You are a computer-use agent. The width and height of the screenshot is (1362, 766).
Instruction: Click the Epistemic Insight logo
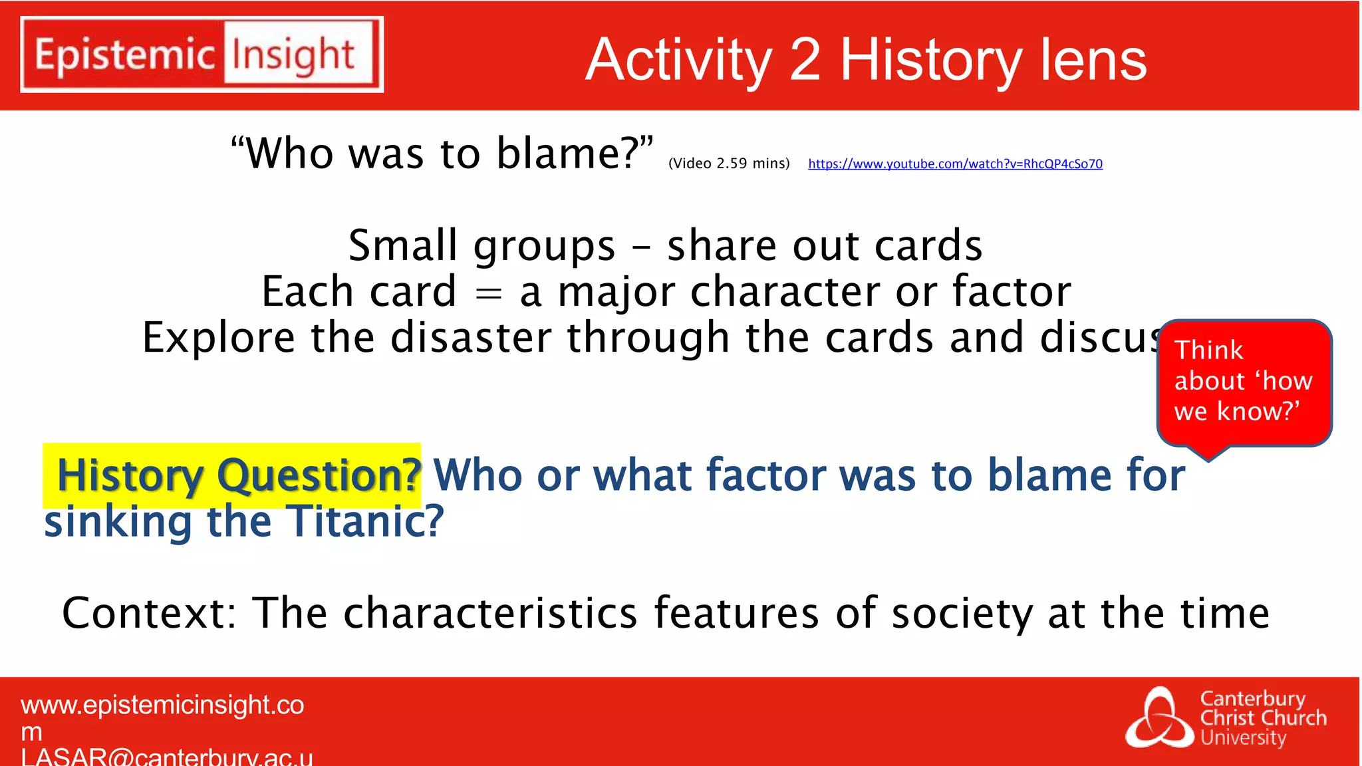202,55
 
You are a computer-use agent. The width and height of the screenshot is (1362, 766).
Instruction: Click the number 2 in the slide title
805,60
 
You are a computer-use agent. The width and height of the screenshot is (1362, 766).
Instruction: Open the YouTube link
955,164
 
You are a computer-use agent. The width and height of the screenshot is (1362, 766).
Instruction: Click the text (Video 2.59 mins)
729,164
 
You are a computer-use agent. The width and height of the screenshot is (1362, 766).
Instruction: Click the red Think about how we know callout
1244,382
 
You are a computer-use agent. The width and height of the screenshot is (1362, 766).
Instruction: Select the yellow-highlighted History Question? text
238,475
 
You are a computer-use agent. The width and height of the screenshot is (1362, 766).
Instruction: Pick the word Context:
149,612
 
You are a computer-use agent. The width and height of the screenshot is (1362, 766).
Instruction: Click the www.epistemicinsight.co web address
162,705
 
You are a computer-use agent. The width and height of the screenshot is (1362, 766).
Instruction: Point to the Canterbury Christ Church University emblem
1159,718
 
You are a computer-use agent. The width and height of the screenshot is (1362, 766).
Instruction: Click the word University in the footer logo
1243,738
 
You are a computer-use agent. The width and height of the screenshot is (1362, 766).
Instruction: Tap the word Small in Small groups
402,245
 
